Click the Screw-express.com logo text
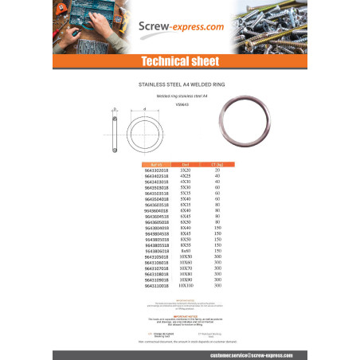(179, 27)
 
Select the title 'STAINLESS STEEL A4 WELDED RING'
(179, 82)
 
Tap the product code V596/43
(179, 103)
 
